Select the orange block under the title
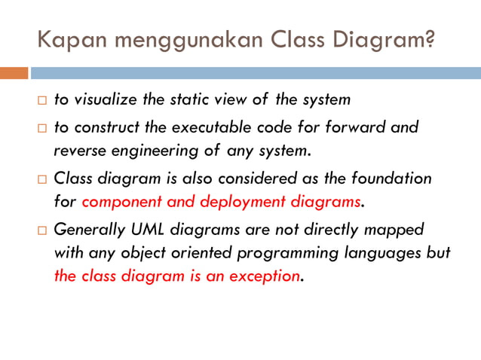14,73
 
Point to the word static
179,99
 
